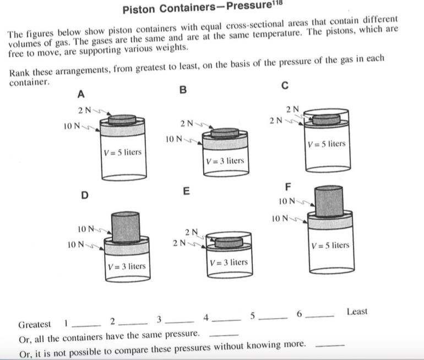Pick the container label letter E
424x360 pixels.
(186, 192)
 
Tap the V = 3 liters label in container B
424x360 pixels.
(224, 161)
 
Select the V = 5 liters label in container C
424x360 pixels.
(327, 144)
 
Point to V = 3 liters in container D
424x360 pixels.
(126, 266)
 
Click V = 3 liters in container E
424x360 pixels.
(228, 263)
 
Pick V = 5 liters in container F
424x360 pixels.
(330, 245)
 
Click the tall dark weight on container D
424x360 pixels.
(126, 226)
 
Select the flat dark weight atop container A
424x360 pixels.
(122, 119)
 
